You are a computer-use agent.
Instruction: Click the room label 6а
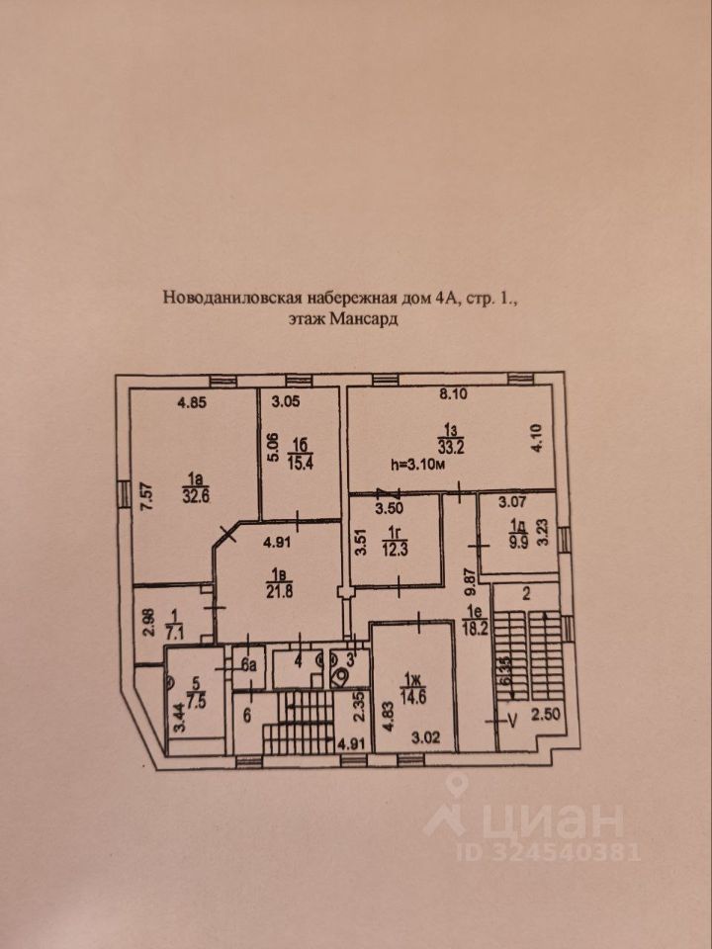coord(247,665)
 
